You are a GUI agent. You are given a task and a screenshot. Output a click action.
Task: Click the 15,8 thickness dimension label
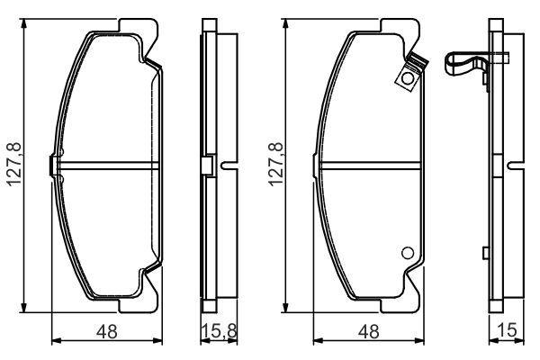pyautogui.click(x=219, y=331)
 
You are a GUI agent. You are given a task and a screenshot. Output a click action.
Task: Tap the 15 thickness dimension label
pyautogui.click(x=507, y=330)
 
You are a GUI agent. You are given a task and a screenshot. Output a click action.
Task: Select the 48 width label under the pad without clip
pyautogui.click(x=107, y=331)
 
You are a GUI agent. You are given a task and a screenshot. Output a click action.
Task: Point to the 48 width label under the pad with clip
pyautogui.click(x=368, y=331)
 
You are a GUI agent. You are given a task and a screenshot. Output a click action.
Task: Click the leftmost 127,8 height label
pyautogui.click(x=14, y=165)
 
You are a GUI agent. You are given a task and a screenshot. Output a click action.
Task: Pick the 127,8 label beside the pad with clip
pyautogui.click(x=275, y=165)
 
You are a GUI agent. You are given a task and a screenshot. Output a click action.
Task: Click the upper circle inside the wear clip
pyautogui.click(x=408, y=78)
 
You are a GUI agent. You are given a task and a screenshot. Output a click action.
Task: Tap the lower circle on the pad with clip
pyautogui.click(x=408, y=253)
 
